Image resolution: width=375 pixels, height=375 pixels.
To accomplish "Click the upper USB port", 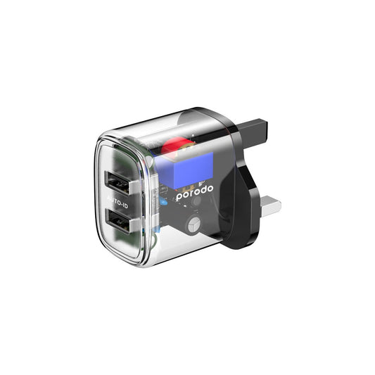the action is click(x=117, y=183).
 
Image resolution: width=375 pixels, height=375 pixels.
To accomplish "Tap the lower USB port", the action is click(x=118, y=222).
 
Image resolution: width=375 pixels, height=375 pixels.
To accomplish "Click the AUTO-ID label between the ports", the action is click(x=117, y=202).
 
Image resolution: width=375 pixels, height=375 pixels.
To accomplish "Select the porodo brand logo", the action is click(x=194, y=192).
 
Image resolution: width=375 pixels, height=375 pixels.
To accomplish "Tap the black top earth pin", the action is click(x=253, y=132).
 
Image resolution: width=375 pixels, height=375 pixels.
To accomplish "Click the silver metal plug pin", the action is click(x=271, y=206).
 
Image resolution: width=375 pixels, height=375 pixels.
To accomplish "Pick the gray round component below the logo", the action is click(x=194, y=225).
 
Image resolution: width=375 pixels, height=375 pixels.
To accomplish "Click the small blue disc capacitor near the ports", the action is click(x=163, y=203).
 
